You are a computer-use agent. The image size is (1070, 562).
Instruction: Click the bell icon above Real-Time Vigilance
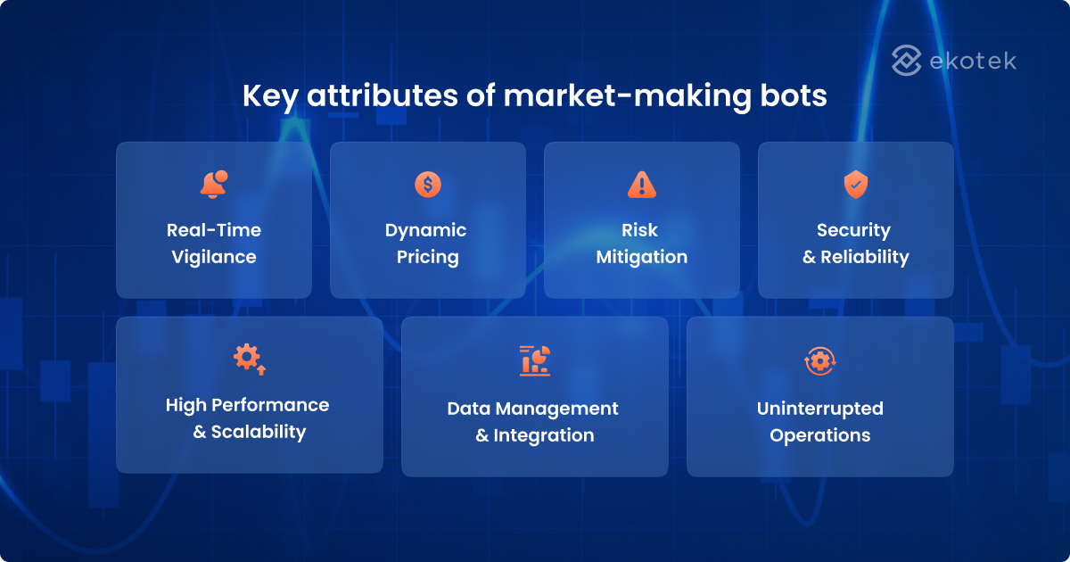(213, 184)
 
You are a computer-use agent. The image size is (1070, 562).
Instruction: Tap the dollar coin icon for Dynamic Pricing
(428, 184)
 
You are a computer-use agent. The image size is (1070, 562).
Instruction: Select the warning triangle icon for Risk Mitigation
(642, 184)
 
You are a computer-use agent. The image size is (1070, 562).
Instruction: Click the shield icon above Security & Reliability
(856, 184)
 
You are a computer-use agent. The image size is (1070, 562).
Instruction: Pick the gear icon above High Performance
(249, 359)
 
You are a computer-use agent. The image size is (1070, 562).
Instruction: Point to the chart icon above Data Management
(535, 360)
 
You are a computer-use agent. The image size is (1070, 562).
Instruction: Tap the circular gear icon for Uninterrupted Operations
(819, 361)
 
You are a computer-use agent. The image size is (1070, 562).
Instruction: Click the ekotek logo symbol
(907, 61)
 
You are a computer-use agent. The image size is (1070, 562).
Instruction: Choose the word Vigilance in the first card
(214, 257)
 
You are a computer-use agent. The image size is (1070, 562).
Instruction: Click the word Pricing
(428, 257)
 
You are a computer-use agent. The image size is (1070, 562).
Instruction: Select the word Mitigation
(642, 257)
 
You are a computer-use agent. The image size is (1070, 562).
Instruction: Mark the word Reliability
(865, 257)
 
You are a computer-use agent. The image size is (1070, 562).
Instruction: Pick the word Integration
(544, 435)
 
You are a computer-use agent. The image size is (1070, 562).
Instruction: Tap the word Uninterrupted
(820, 409)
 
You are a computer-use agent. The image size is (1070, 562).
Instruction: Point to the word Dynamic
(426, 230)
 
